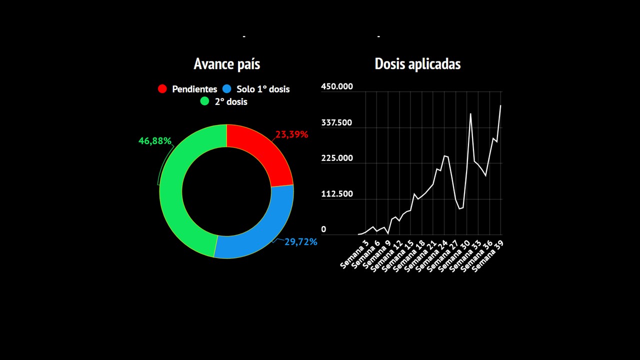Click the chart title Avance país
[226, 64]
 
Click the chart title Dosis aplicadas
[417, 64]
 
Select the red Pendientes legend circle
[162, 89]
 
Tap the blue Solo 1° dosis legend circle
[227, 89]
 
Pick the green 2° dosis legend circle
[204, 101]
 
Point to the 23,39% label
[291, 134]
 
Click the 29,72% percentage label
[301, 242]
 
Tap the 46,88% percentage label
[155, 141]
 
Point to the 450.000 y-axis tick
[336, 86]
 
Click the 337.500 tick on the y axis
[336, 122]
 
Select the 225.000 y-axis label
[336, 158]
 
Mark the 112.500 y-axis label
[336, 194]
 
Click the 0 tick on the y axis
[323, 229]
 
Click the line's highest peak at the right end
[500, 105]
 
